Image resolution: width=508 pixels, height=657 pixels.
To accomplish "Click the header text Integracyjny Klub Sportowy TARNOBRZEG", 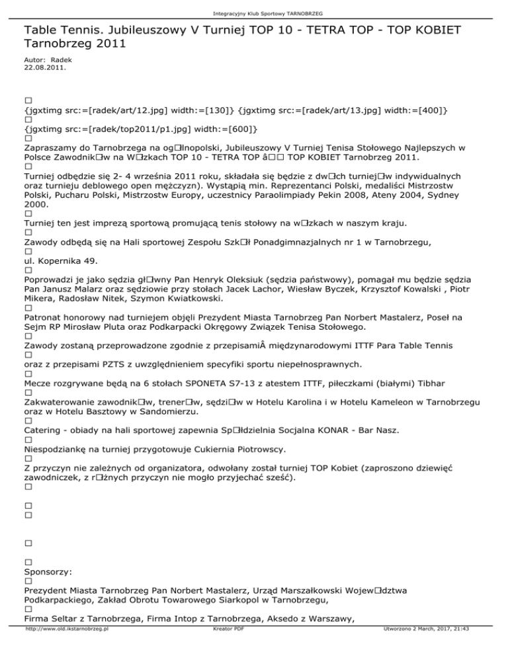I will [x=253, y=13].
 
